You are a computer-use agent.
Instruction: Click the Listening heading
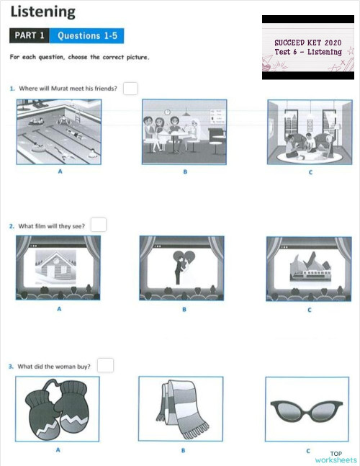tap(42, 12)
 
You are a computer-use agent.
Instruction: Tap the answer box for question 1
tap(130, 89)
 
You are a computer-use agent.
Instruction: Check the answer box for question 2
tap(99, 225)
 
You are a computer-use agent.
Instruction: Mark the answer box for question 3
tap(105, 365)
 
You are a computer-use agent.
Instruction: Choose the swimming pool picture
tap(59, 132)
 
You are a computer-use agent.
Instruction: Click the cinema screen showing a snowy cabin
tap(58, 268)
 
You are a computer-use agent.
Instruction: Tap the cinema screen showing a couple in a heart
tap(181, 268)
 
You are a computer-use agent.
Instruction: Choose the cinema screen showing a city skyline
tap(309, 268)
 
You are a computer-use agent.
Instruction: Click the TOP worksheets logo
tap(336, 457)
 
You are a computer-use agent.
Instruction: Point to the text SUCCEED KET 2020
tap(307, 43)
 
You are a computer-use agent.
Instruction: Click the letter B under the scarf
tap(184, 451)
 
